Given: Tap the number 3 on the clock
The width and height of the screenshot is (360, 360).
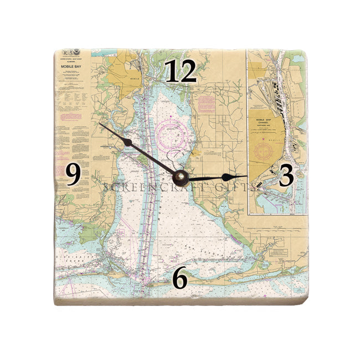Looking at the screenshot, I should pyautogui.click(x=286, y=176).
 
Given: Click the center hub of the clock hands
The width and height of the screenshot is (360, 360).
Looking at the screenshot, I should pyautogui.click(x=180, y=177).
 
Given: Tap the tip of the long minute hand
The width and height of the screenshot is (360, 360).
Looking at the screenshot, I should pyautogui.click(x=100, y=124).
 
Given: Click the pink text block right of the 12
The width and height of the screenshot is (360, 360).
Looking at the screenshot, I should pyautogui.click(x=206, y=103).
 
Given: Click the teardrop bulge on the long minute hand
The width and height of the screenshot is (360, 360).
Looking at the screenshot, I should pyautogui.click(x=128, y=143).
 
